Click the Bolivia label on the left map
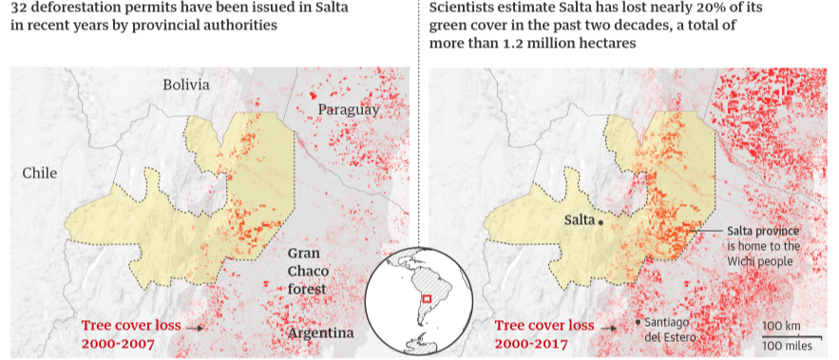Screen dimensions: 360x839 pos(185,85)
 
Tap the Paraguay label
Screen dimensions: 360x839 pos(349,110)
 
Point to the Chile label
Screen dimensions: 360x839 pos(41,173)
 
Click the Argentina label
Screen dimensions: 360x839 pos(321,333)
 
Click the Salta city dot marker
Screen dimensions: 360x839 pos(601,221)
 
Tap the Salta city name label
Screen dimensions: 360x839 pos(580,220)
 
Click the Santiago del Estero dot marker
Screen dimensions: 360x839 pos(637,323)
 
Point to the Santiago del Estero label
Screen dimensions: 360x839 pos(671,330)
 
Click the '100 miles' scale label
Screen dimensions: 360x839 pos(787,343)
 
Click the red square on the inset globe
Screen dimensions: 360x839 pos(428,299)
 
